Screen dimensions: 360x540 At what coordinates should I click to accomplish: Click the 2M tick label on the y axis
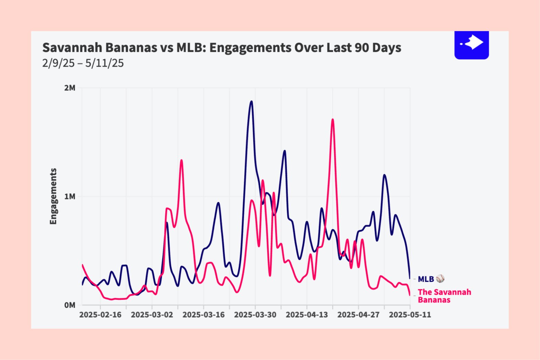[x=70, y=88]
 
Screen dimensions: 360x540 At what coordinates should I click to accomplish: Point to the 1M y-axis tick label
[x=70, y=197]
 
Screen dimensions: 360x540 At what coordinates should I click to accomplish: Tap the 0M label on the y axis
[x=70, y=305]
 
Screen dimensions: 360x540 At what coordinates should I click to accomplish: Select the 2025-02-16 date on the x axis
[x=100, y=315]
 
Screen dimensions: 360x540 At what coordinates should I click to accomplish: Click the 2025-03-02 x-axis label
[x=152, y=315]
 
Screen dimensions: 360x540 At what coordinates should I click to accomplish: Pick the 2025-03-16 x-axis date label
[x=204, y=315]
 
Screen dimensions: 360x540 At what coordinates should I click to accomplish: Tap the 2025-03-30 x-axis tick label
[x=255, y=315]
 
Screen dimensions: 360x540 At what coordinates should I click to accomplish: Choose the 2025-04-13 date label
[x=307, y=315]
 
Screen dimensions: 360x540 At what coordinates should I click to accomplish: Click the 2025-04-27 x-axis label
[x=358, y=315]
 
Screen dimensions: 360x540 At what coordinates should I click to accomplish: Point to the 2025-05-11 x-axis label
[x=410, y=315]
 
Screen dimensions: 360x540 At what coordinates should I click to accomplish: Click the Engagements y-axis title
[x=53, y=196]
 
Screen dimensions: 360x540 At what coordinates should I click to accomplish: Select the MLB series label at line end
[x=426, y=279]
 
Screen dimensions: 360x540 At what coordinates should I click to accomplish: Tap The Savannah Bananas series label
[x=444, y=296]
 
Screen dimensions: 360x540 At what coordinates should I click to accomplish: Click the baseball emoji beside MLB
[x=440, y=279]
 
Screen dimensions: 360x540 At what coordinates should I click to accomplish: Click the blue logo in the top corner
[x=471, y=44]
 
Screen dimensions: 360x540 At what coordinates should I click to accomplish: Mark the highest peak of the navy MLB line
[x=251, y=101]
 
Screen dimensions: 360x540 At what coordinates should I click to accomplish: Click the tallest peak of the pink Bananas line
[x=332, y=119]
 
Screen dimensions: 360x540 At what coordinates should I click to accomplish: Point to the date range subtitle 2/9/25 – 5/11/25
[x=83, y=63]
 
